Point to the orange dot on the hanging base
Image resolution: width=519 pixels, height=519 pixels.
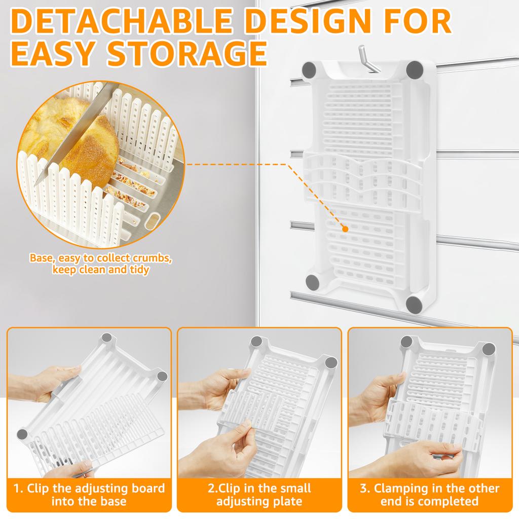345,229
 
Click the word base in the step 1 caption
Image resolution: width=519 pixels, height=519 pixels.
111,502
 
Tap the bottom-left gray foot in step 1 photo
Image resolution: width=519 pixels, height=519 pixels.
23,434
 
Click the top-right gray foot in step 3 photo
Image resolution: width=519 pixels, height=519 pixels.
489,349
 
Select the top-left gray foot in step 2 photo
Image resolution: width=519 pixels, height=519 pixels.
256,341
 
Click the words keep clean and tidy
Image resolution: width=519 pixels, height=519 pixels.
101,270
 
